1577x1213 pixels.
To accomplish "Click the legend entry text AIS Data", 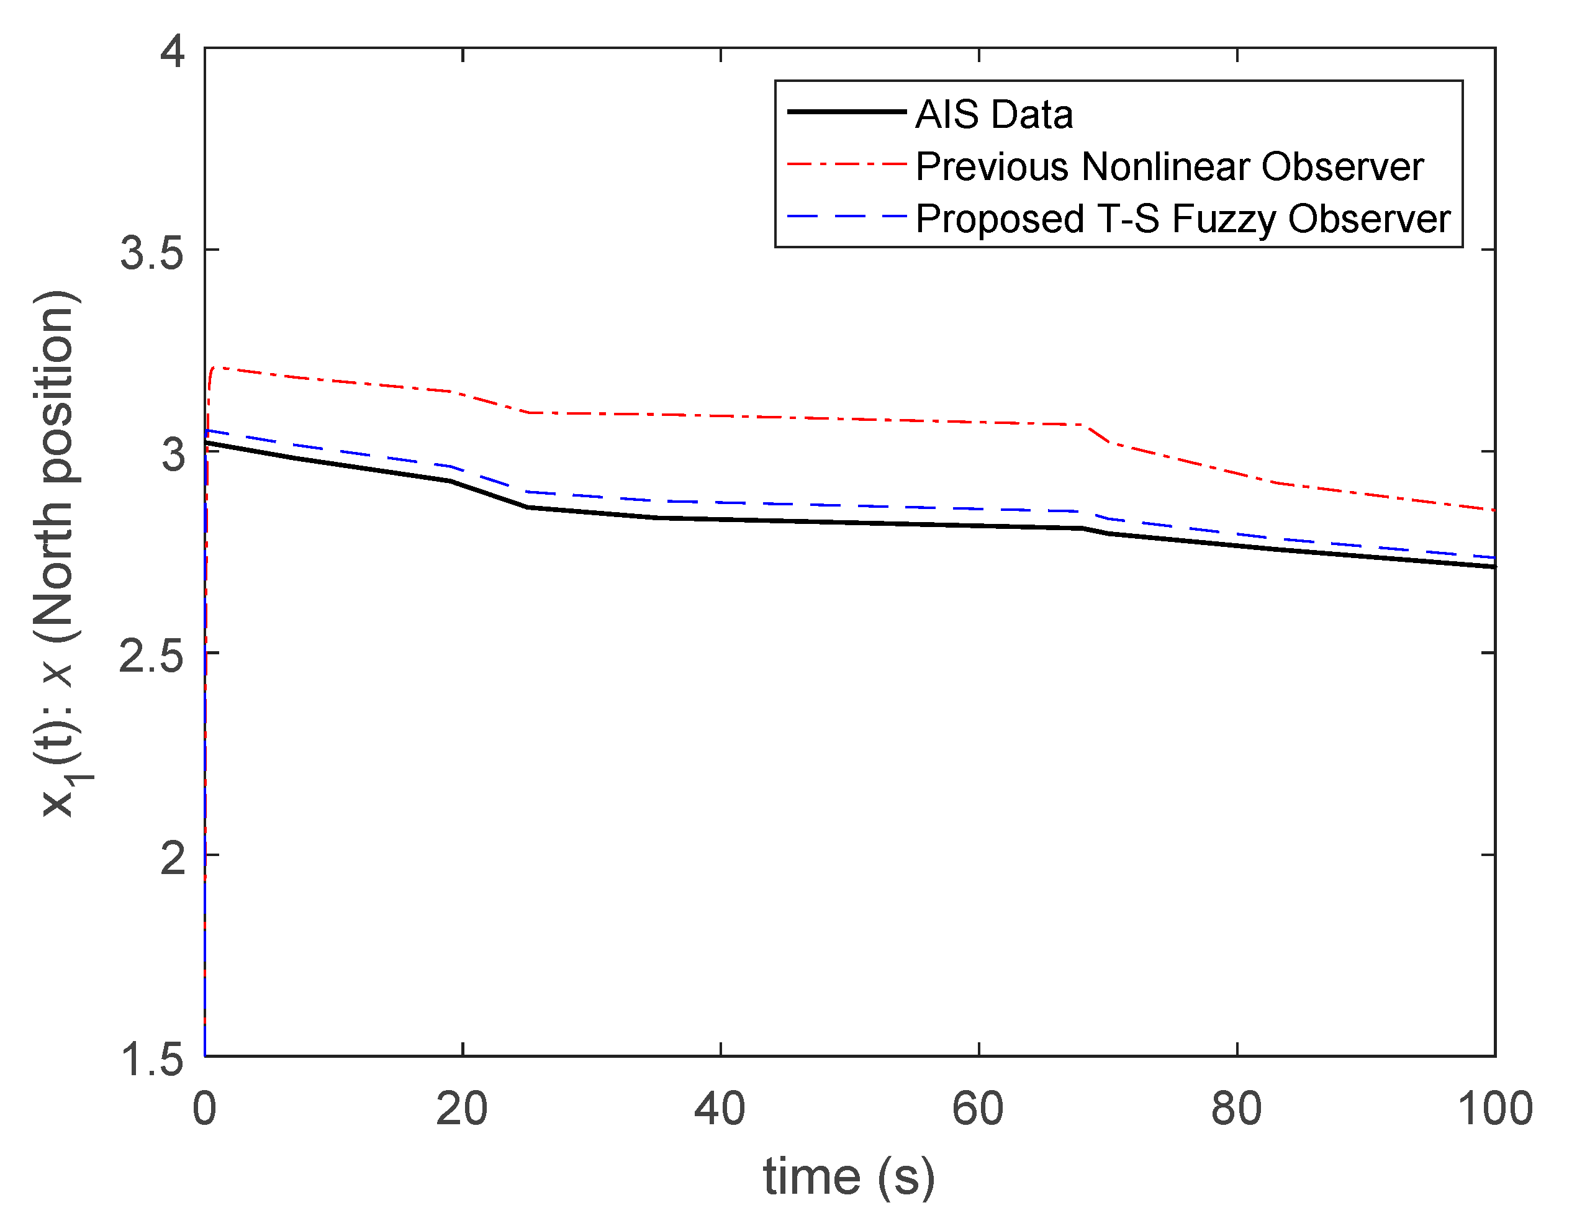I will [993, 115].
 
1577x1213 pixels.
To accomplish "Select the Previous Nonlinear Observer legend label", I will [1169, 167].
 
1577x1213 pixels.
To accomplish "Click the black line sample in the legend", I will [846, 112].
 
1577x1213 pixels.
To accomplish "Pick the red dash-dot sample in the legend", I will [846, 165].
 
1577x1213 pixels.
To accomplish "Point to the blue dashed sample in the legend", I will [846, 216].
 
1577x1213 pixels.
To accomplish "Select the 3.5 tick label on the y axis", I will [152, 252].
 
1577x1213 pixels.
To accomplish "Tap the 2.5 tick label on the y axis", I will [152, 656].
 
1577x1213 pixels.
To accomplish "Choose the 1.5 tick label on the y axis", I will [152, 1059].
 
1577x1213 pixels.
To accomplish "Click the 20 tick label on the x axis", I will [462, 1109].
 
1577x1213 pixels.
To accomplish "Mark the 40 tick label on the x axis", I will [720, 1109].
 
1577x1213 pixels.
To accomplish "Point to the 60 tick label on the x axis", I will [978, 1109].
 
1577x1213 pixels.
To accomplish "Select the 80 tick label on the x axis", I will [1237, 1109].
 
